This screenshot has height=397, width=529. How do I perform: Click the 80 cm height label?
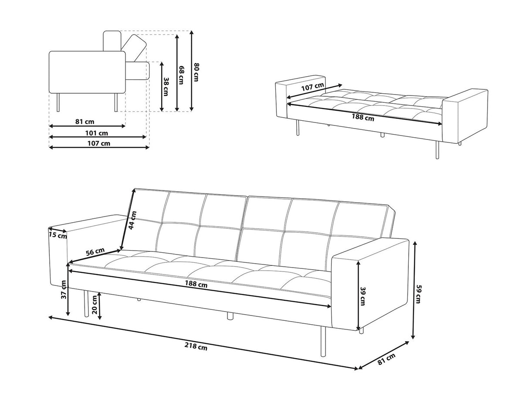[x=196, y=72]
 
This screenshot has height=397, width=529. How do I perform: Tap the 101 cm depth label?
[x=98, y=132]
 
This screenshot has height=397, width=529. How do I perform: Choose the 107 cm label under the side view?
[x=99, y=143]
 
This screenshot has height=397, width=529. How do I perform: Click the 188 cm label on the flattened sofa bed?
[x=363, y=117]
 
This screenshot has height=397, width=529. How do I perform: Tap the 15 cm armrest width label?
[x=58, y=236]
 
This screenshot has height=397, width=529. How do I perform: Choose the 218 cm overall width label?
[x=196, y=346]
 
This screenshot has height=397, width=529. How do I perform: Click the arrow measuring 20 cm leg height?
[x=100, y=306]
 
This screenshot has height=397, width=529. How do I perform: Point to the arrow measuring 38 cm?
[x=161, y=86]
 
